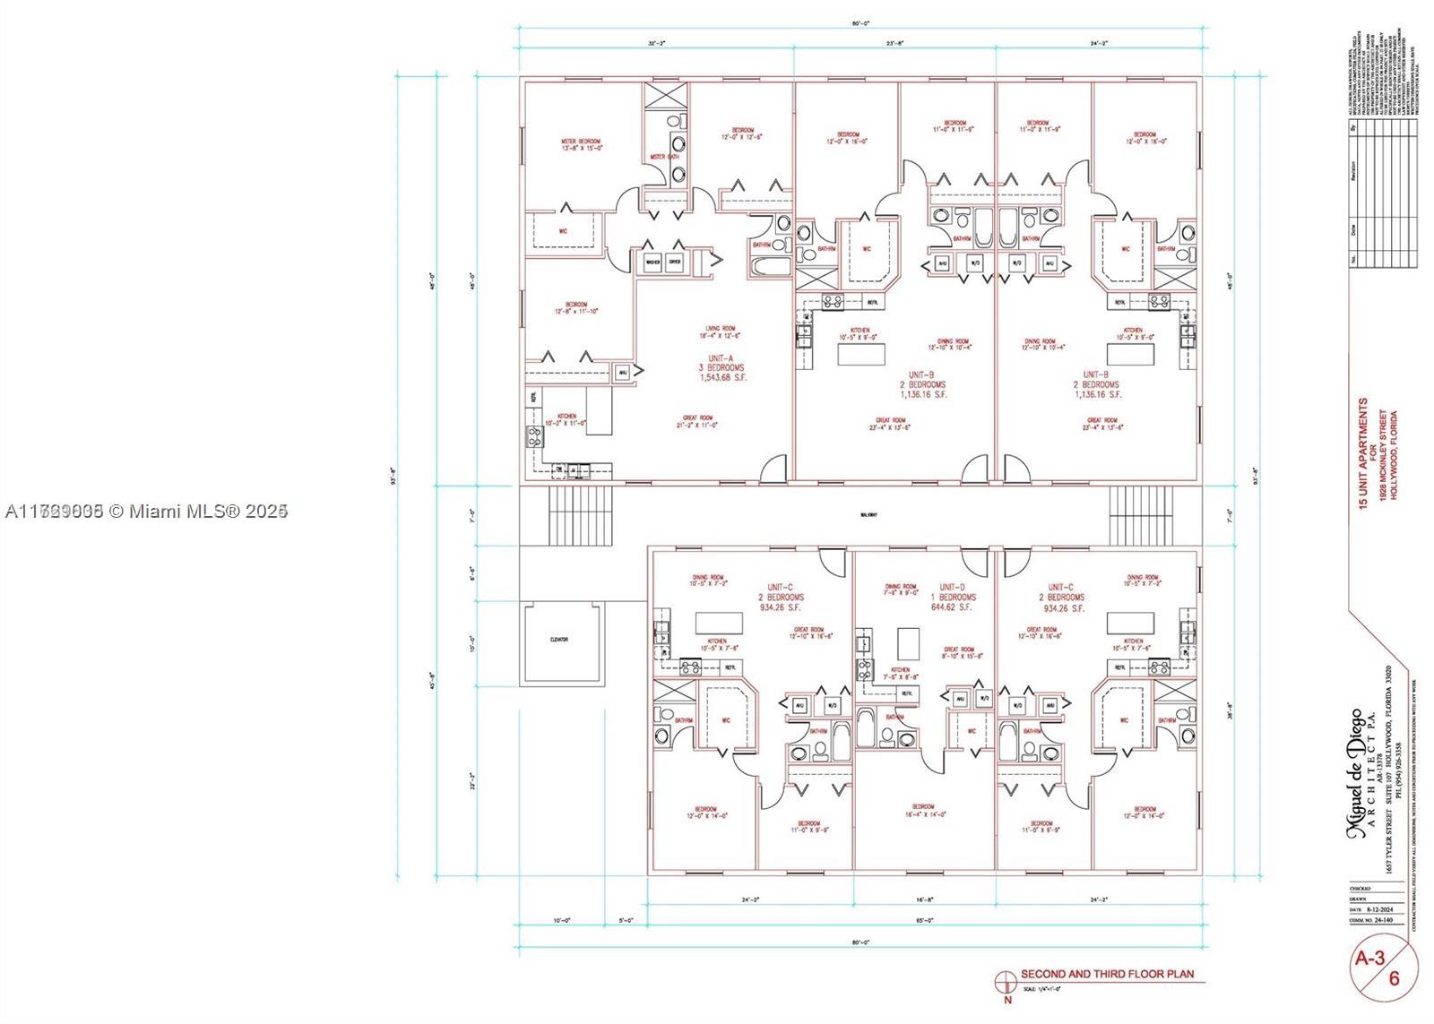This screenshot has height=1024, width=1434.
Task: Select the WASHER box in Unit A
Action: pos(652,262)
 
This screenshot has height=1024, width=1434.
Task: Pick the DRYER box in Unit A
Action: pos(675,262)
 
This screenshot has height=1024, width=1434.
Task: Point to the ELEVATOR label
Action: pos(560,640)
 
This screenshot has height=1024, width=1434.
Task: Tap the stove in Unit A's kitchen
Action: pos(534,437)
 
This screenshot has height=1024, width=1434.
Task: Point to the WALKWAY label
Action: pos(868,515)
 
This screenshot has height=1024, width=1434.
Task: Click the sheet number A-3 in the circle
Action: pos(1370,958)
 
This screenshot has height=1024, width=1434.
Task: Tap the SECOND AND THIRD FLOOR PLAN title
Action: pos(1107,975)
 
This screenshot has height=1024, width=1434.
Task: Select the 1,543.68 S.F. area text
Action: pos(722,378)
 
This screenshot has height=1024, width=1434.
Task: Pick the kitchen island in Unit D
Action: pos(908,641)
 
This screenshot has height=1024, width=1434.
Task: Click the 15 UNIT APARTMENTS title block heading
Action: pos(1364,454)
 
